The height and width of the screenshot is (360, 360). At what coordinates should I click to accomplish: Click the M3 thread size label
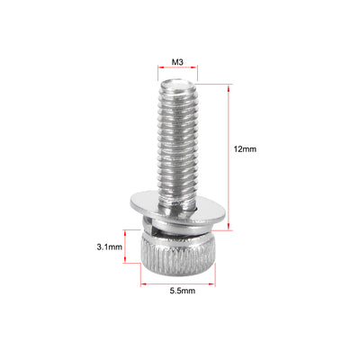click(x=179, y=64)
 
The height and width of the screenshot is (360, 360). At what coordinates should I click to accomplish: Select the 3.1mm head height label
click(x=110, y=245)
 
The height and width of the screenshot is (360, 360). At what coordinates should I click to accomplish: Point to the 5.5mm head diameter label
click(x=180, y=291)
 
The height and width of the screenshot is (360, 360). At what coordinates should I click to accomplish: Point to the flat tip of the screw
click(x=180, y=83)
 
